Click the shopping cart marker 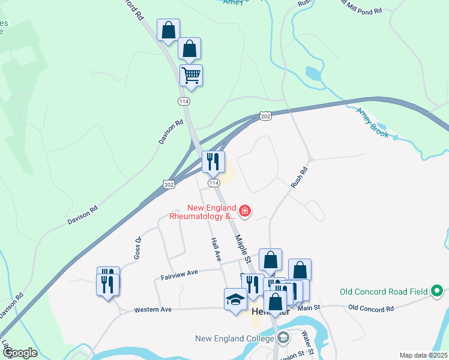(191, 76)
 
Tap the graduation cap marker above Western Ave (235, 299)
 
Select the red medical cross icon (245, 211)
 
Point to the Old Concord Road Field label (384, 292)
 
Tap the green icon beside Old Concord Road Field (438, 292)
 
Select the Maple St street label (242, 247)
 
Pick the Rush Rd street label (299, 177)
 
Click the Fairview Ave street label (179, 274)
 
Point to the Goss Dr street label (137, 248)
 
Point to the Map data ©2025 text (423, 355)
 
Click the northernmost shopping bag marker (168, 30)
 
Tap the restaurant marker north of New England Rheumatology (213, 161)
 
